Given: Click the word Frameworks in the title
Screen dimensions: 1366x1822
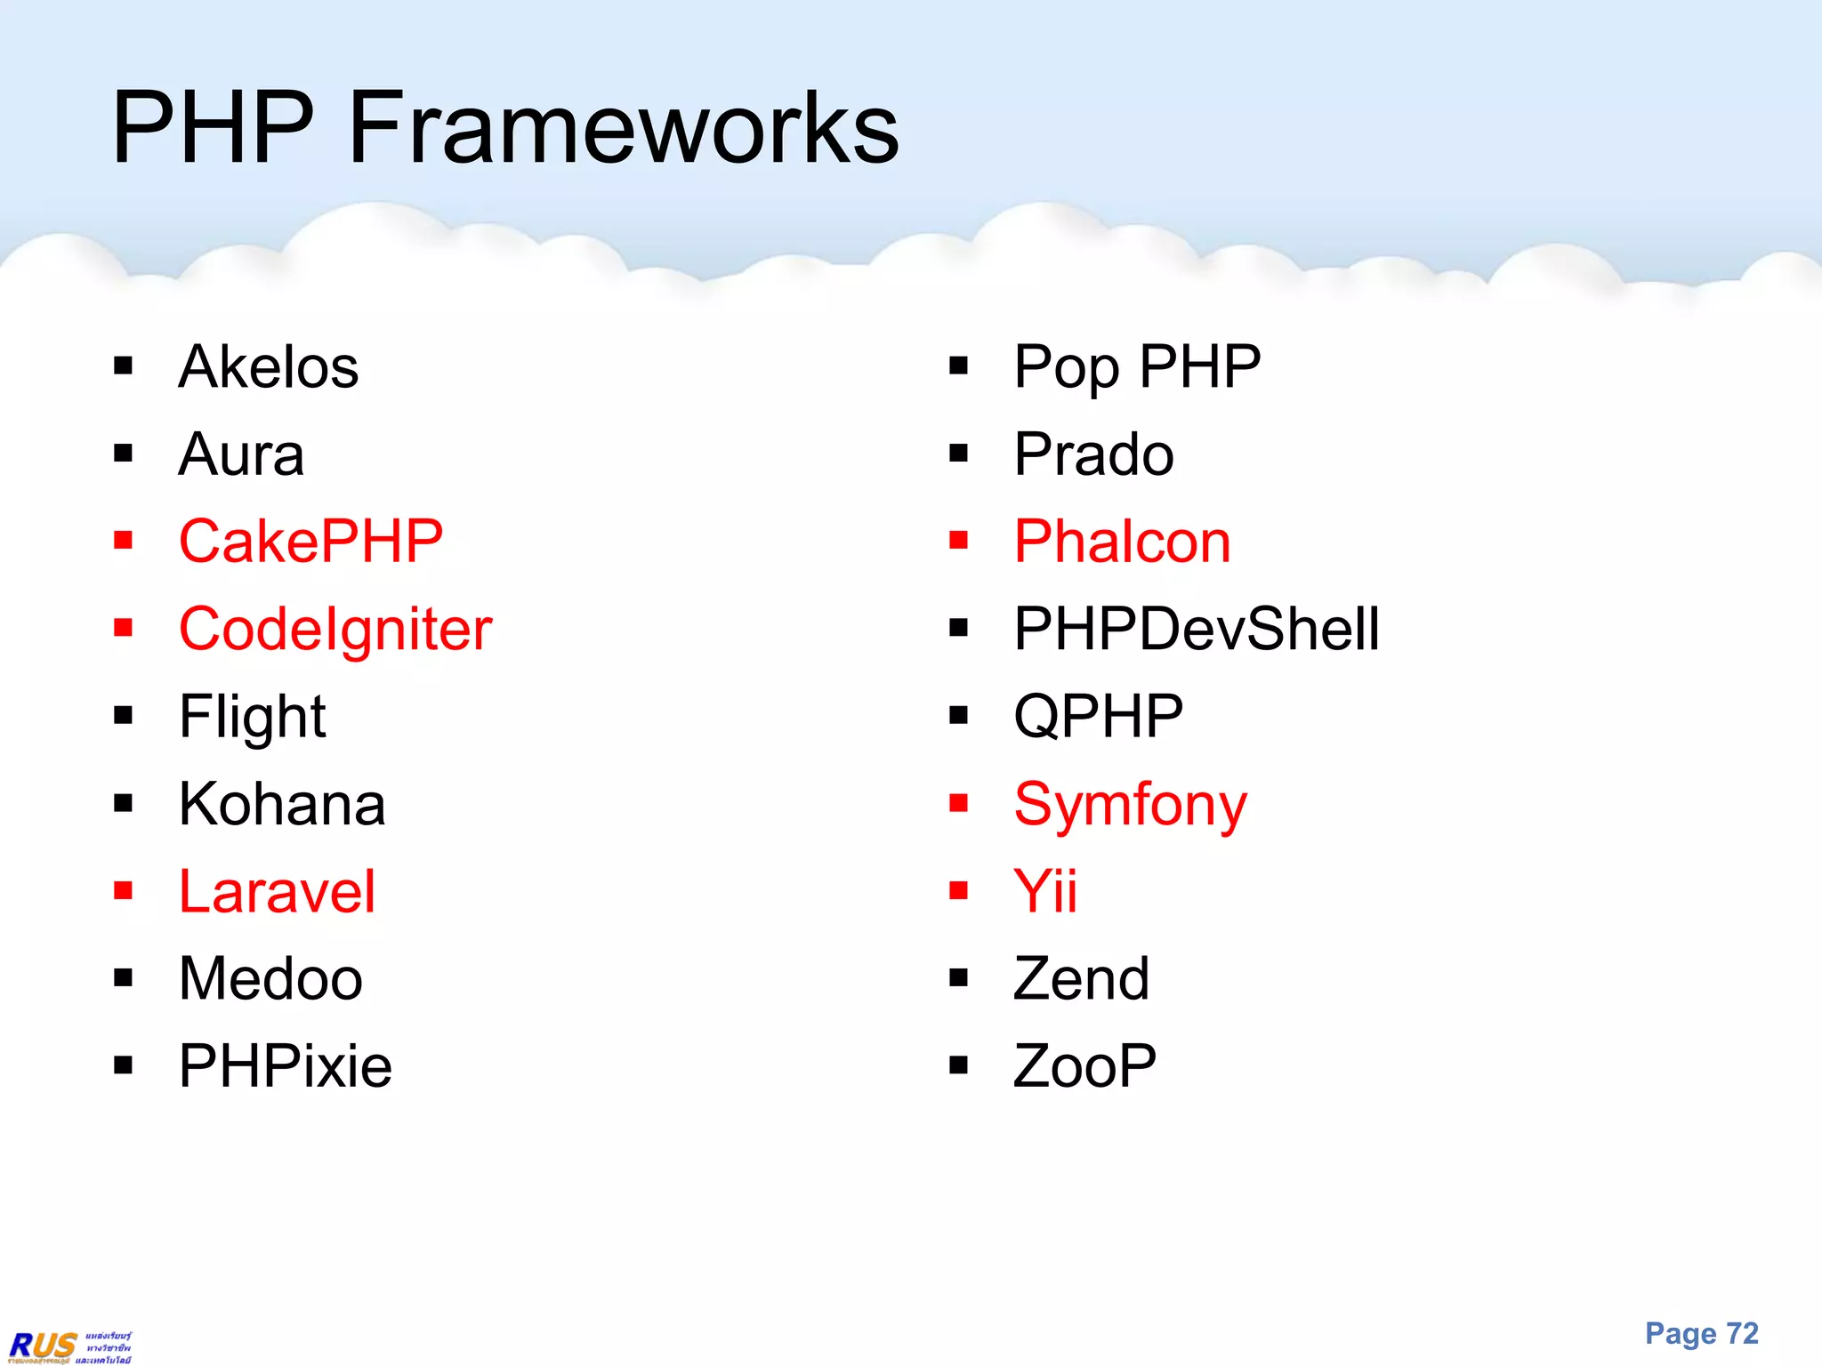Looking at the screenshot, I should [x=623, y=129].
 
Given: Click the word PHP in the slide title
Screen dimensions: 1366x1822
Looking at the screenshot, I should [x=214, y=129].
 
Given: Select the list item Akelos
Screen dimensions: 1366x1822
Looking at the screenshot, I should [x=268, y=366].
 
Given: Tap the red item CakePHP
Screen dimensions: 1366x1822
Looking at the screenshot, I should [x=310, y=541].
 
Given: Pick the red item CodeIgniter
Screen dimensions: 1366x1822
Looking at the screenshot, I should [x=335, y=629].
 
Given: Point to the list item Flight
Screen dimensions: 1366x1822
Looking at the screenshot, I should [x=252, y=717].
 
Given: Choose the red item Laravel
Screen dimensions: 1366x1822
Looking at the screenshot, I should [x=277, y=891].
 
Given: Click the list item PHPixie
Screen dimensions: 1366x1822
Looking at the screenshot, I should [x=285, y=1065].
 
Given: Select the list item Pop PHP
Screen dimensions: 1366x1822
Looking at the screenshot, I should [x=1137, y=366].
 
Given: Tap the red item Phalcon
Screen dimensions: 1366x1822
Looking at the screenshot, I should [x=1122, y=541].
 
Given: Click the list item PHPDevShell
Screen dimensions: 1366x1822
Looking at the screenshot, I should [x=1196, y=629].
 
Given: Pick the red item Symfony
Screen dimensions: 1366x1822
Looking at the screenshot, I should [x=1130, y=805].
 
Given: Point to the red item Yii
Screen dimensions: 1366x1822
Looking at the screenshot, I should [x=1045, y=891].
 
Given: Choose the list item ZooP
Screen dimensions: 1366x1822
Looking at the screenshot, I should [x=1084, y=1065].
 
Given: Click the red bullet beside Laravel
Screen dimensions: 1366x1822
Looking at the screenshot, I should [x=123, y=891].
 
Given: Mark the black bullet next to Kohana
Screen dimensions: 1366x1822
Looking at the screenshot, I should [x=123, y=804].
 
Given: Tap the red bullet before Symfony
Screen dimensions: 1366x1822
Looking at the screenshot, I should [x=958, y=804].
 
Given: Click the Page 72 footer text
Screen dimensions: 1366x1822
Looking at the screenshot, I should [x=1701, y=1333].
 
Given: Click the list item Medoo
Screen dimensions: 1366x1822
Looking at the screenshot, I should [x=270, y=978].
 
